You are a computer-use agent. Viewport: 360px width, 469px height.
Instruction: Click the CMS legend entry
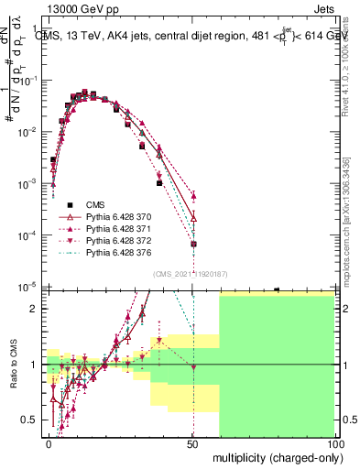pos(96,204)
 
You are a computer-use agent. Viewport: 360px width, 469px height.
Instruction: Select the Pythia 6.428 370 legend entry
pos(120,216)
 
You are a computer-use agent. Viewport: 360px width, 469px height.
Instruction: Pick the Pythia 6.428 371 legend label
pos(120,228)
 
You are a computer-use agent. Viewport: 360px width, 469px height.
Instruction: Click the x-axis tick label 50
pos(193,443)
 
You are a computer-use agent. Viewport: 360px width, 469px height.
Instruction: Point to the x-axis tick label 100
pos(335,443)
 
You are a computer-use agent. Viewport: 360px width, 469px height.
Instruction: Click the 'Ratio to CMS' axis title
pos(12,364)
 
